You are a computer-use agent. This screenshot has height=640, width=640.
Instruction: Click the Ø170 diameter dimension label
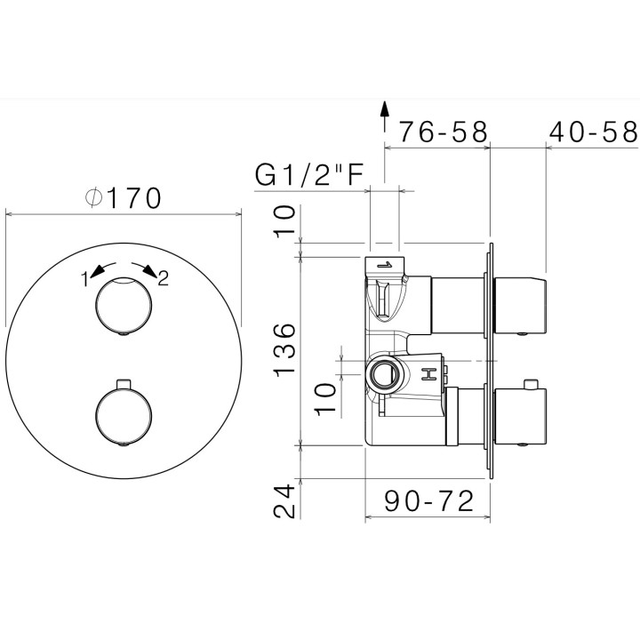coord(124,198)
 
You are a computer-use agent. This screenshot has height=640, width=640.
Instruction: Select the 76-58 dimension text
coord(444,132)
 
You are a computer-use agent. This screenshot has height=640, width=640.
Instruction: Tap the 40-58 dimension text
coord(593,132)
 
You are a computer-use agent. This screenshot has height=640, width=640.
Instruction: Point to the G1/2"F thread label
coord(309,175)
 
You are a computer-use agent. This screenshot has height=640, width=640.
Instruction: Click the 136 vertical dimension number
coord(284,350)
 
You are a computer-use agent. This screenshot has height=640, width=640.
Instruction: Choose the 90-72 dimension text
coord(429,501)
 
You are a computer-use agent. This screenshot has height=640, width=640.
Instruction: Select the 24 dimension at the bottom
coord(284,500)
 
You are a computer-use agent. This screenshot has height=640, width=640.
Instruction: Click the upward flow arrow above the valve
coord(384,116)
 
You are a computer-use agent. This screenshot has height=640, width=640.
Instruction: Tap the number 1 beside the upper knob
coord(85,280)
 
